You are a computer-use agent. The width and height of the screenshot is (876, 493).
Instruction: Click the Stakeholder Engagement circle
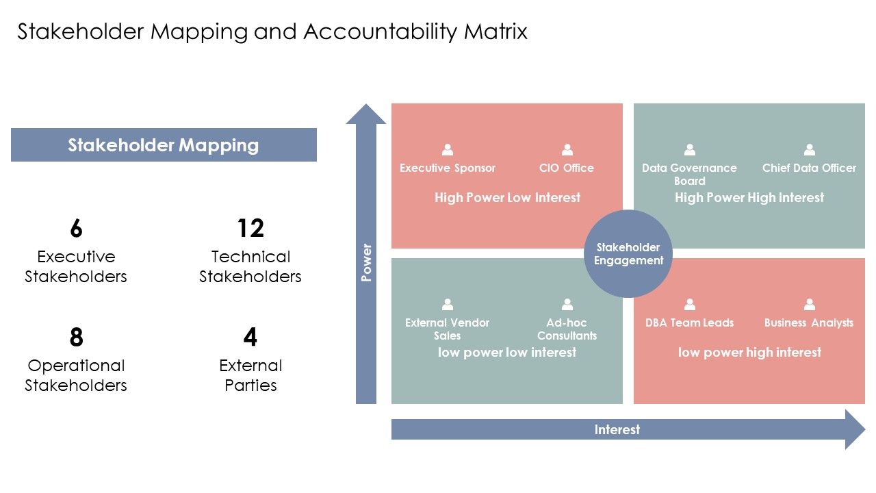pyautogui.click(x=628, y=253)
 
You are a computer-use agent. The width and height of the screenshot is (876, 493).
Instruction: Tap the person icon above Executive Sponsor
pyautogui.click(x=448, y=149)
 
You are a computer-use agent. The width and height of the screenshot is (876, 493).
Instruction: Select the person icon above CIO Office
pyautogui.click(x=567, y=149)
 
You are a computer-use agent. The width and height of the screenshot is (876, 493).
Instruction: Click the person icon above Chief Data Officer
pyautogui.click(x=809, y=149)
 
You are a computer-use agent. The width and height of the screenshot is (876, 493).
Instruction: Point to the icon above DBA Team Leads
pyautogui.click(x=689, y=304)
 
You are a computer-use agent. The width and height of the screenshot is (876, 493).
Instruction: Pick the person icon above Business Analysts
pyautogui.click(x=809, y=304)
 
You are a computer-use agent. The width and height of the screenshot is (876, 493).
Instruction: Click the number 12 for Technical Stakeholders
pyautogui.click(x=250, y=228)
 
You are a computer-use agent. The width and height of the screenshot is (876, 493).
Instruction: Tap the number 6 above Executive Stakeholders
pyautogui.click(x=76, y=228)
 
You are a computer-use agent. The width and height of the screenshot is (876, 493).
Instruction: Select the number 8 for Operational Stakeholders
pyautogui.click(x=76, y=337)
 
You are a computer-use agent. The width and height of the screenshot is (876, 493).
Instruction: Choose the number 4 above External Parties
pyautogui.click(x=250, y=337)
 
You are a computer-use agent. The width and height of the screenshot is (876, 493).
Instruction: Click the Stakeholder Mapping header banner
pyautogui.click(x=164, y=144)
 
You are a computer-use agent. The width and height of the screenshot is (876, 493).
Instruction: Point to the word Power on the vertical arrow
pyautogui.click(x=366, y=262)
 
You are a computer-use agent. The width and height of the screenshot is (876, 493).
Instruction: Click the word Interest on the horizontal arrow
pyautogui.click(x=617, y=429)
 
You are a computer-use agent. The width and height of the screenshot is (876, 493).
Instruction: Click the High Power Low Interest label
pyautogui.click(x=507, y=198)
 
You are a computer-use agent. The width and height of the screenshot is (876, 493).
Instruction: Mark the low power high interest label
pyautogui.click(x=749, y=352)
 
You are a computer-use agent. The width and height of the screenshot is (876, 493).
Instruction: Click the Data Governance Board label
pyautogui.click(x=689, y=174)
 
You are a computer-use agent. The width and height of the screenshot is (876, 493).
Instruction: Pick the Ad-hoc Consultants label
pyautogui.click(x=567, y=329)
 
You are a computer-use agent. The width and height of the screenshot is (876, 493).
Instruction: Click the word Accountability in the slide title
pyautogui.click(x=380, y=31)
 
